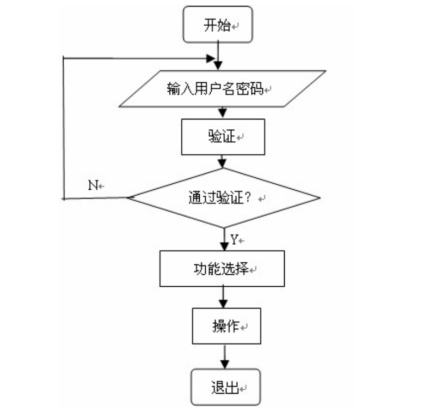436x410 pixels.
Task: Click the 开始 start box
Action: pyautogui.click(x=218, y=25)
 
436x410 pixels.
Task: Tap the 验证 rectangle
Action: pyautogui.click(x=222, y=136)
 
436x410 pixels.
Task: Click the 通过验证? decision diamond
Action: pyautogui.click(x=224, y=198)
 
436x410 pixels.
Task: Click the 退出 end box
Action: pyautogui.click(x=225, y=388)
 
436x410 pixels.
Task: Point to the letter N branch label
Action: pyautogui.click(x=93, y=185)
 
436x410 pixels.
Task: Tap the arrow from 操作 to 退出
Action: pyautogui.click(x=224, y=358)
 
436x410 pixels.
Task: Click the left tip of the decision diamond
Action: pyautogui.click(x=128, y=198)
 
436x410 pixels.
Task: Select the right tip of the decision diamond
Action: pyautogui.click(x=320, y=198)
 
